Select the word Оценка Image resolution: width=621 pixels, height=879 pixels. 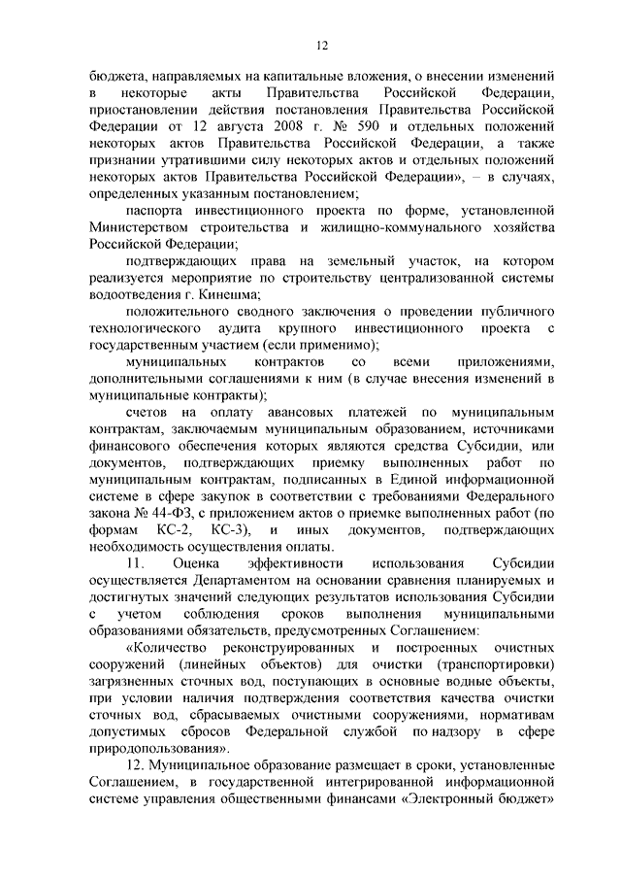[x=198, y=563]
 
